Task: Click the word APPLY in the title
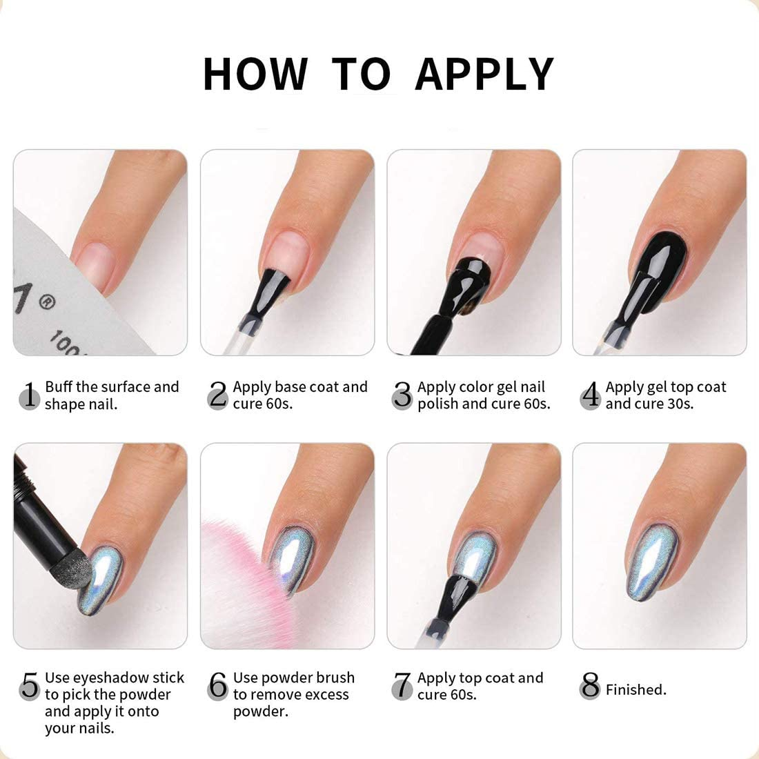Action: [x=484, y=74]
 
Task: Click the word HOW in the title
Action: [x=255, y=74]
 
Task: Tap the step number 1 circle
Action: [x=29, y=396]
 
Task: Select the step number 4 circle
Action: [x=590, y=396]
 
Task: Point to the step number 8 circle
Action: [x=590, y=687]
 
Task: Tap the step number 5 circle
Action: [x=29, y=687]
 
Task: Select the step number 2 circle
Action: [x=217, y=396]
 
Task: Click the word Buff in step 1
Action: [x=58, y=387]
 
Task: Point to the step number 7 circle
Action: [x=402, y=687]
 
